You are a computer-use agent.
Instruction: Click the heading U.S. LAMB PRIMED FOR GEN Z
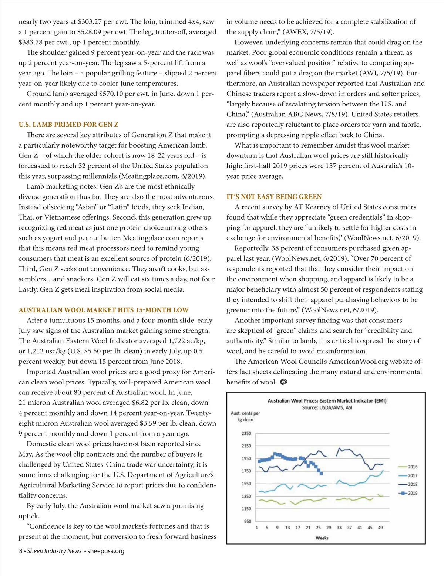tap(68, 125)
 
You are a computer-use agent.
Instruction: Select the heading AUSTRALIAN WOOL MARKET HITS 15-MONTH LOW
tap(104, 310)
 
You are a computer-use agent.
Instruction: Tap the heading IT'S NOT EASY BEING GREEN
tap(274, 197)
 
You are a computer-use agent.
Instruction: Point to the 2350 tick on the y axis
tap(246, 433)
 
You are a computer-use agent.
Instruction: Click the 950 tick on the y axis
tap(248, 521)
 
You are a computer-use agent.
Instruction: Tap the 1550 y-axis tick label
tap(246, 484)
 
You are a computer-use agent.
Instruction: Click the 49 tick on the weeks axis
tap(380, 528)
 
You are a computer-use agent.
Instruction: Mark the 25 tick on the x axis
tap(319, 528)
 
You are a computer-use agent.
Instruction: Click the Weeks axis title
tap(322, 538)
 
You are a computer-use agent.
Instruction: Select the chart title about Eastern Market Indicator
tap(327, 401)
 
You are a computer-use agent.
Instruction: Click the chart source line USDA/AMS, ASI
tap(327, 408)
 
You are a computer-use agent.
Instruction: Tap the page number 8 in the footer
tap(21, 551)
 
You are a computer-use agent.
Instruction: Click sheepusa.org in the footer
tap(106, 551)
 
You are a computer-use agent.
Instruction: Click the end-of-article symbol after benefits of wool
tap(283, 382)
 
